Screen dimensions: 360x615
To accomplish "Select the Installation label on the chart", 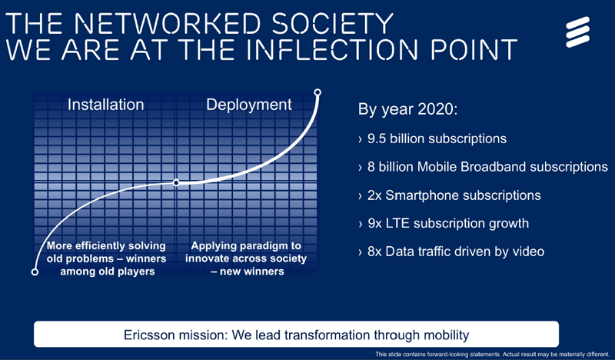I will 107,104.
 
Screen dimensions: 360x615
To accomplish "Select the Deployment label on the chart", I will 248,104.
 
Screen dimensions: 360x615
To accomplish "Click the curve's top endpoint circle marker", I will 317,92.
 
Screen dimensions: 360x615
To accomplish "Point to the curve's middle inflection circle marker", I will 177,183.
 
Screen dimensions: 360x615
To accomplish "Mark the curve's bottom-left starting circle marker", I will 34,272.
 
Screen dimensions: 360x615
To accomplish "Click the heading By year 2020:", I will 407,109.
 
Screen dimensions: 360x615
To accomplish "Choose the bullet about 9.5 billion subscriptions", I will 432,139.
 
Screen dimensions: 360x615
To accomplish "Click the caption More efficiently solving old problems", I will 104,258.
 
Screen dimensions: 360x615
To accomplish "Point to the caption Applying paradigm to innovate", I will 246,258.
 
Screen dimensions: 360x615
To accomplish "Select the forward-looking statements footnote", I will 493,354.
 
